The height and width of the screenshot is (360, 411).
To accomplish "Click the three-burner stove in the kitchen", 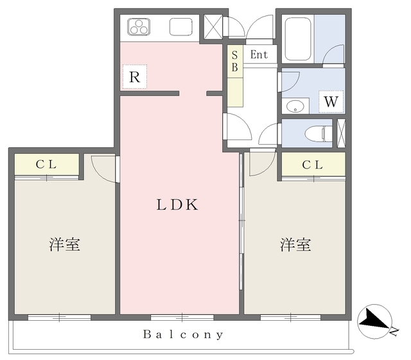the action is (x=139, y=27).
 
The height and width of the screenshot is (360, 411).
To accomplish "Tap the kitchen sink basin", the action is (x=181, y=26).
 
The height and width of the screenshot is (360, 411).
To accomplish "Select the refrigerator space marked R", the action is (x=135, y=77).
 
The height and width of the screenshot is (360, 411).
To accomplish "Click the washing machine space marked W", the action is (x=331, y=102).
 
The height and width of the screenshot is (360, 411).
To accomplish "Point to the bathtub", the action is (x=298, y=39).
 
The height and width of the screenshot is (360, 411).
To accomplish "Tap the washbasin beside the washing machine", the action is (x=295, y=107).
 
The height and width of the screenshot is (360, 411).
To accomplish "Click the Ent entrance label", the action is (x=259, y=55).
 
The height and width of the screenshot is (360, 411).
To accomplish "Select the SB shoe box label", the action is (x=234, y=62).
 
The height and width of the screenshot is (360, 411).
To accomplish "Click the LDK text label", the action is (x=177, y=204).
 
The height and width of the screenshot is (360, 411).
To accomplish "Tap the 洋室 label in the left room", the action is (x=64, y=244).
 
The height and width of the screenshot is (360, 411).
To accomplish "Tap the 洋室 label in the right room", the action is (x=295, y=244).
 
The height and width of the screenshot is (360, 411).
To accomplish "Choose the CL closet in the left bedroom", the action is (x=47, y=164).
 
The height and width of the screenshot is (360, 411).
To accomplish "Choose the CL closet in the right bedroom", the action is (x=313, y=165).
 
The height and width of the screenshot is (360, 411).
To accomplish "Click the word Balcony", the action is (x=183, y=334).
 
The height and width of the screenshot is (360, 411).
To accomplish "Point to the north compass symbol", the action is (x=375, y=321).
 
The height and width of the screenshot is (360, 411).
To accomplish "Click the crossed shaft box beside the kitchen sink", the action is (x=213, y=27).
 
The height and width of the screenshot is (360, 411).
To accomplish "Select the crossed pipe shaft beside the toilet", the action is (x=341, y=133).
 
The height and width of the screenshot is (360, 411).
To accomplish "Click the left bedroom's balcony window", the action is (x=59, y=317).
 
